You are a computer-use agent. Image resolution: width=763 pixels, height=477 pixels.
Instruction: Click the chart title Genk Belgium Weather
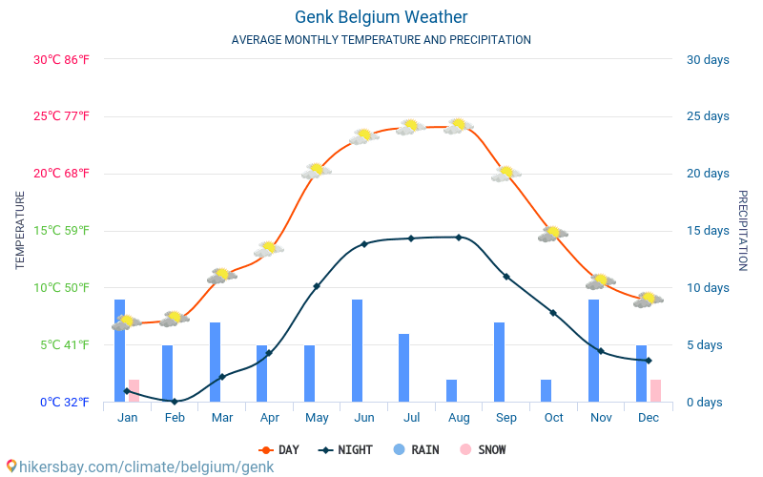coord(381,17)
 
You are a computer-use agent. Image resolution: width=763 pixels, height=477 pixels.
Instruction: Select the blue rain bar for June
coord(357,350)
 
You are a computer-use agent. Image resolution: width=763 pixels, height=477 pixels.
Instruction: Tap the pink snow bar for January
coord(134,390)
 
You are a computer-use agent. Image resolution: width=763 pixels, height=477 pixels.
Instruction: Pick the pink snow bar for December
coord(655,390)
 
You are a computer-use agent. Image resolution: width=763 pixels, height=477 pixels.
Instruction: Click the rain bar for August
coord(451,390)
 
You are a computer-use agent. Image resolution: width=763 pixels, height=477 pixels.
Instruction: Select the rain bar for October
coord(546,390)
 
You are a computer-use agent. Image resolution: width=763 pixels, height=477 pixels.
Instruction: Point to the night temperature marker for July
coord(411,238)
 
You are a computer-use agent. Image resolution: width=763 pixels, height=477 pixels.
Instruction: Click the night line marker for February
coord(175,402)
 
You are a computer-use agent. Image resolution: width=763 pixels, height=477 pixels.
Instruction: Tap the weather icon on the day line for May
coord(316,171)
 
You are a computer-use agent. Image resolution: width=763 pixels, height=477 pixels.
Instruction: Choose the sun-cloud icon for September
coord(505,174)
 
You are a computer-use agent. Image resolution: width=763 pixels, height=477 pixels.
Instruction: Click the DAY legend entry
coord(278,449)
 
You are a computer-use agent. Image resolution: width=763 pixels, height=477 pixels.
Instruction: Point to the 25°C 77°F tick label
coord(61,116)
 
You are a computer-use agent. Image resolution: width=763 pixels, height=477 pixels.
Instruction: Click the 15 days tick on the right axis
coord(707,231)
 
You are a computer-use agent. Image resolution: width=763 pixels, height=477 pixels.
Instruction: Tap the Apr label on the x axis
coord(269,418)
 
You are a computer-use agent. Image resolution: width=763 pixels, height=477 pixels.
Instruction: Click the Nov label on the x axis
coord(601,418)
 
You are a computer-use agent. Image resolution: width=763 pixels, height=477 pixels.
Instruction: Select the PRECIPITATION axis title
coord(742,230)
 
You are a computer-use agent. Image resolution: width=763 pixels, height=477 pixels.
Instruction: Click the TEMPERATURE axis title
coord(20,230)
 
